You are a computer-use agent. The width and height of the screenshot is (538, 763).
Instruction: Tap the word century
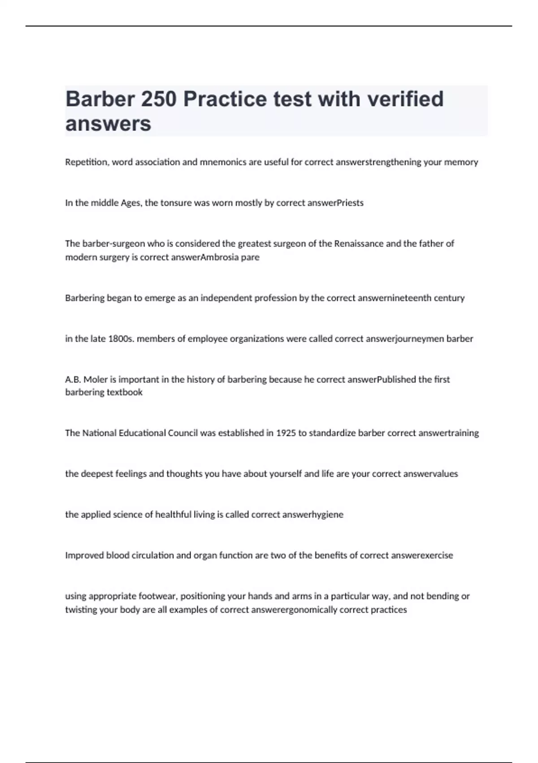pos(449,298)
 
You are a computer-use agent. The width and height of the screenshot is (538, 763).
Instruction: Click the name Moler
pos(95,380)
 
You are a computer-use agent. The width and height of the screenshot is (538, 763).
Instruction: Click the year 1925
pos(286,433)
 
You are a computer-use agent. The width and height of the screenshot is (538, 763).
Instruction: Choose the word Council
pos(182,433)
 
